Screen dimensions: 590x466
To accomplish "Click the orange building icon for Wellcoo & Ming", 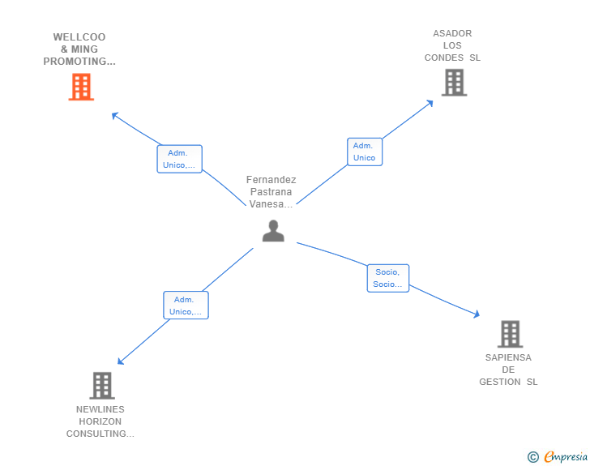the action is (x=81, y=87).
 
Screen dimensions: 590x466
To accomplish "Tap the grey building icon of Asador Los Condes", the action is (x=454, y=83).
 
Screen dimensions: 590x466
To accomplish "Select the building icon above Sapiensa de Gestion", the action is (x=511, y=334).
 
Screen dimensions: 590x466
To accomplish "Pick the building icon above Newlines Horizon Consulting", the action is (x=102, y=386).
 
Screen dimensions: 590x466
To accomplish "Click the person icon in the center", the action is (x=273, y=231).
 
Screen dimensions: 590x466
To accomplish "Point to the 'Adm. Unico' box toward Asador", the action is (x=365, y=152).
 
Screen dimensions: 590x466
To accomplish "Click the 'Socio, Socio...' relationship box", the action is (x=388, y=278).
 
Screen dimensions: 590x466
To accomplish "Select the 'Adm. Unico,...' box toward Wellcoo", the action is (x=179, y=159).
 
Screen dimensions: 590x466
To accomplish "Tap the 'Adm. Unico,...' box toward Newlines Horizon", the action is (x=186, y=306).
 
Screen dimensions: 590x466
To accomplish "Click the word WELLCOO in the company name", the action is (x=79, y=37).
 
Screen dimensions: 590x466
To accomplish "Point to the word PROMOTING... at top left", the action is (x=79, y=62).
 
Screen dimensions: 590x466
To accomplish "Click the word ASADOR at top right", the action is (x=452, y=33).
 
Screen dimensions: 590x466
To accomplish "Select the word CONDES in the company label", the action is (x=444, y=58).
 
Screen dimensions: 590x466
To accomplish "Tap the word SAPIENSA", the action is (x=508, y=357).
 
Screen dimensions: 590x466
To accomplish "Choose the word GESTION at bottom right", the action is (x=500, y=382).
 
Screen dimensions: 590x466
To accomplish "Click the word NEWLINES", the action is (x=100, y=409).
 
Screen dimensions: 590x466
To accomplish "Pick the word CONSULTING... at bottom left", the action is (x=100, y=434).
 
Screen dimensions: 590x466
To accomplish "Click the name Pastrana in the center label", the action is (x=271, y=192).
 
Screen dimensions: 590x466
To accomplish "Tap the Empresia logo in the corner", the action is (x=558, y=456).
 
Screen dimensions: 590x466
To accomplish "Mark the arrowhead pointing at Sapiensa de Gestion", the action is (x=477, y=314).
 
